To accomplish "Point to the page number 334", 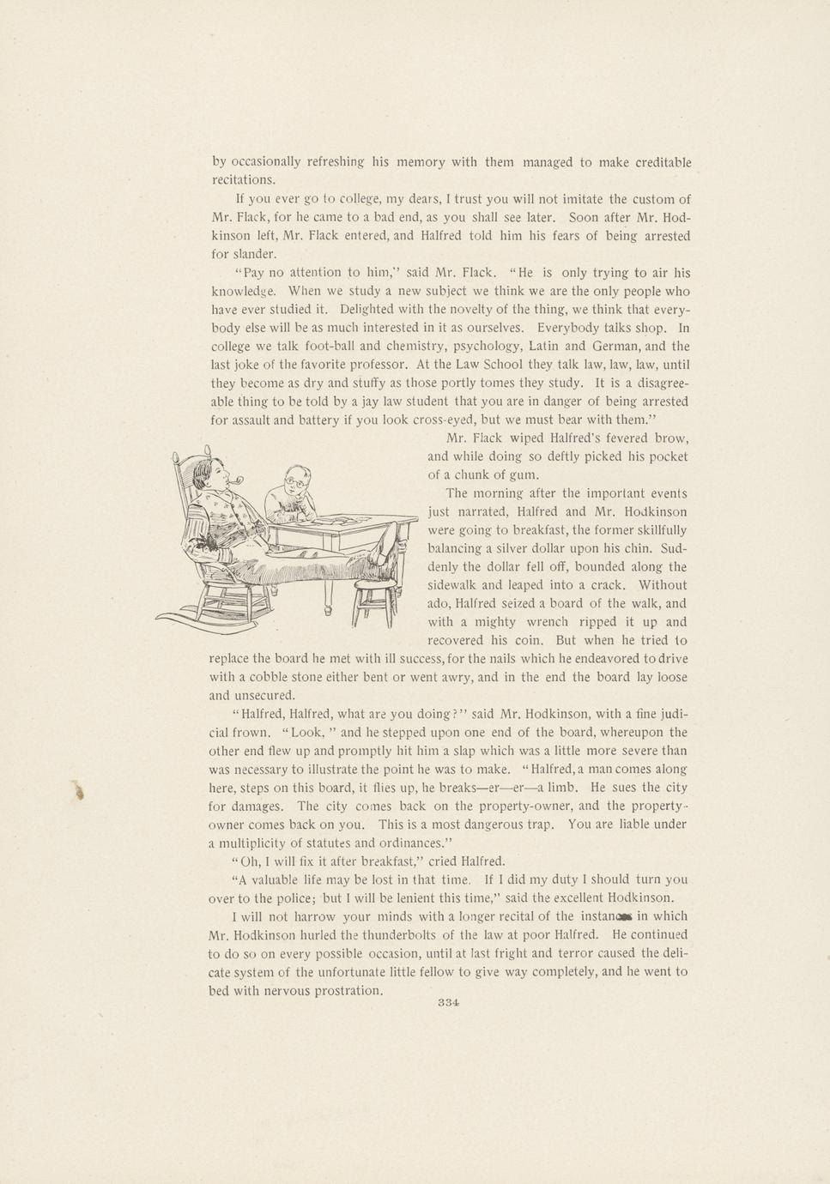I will (x=449, y=1003).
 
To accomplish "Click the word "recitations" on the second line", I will (x=244, y=180).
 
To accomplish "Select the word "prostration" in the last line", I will (x=346, y=991).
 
